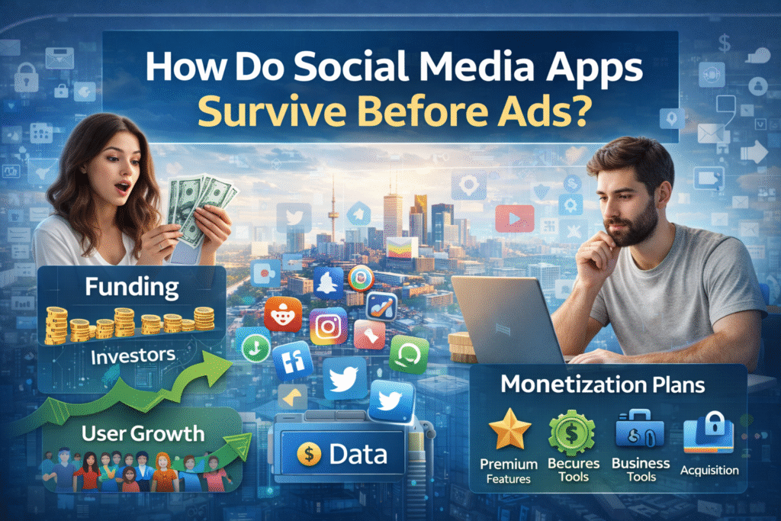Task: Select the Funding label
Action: click(x=132, y=288)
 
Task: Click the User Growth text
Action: click(x=143, y=434)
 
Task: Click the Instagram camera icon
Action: click(x=329, y=326)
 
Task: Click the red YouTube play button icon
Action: click(x=513, y=219)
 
